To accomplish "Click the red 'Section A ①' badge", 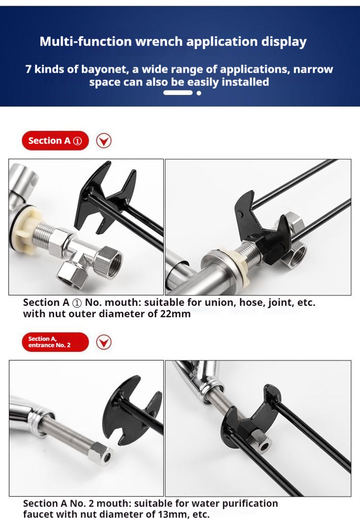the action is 55,141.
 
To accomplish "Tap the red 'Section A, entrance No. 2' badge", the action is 55,342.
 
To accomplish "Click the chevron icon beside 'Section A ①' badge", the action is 104,141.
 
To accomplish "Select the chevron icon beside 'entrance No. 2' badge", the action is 104,342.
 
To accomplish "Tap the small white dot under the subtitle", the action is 199,93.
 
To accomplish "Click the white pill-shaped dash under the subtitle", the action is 178,93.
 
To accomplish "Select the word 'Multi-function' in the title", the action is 85,41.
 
